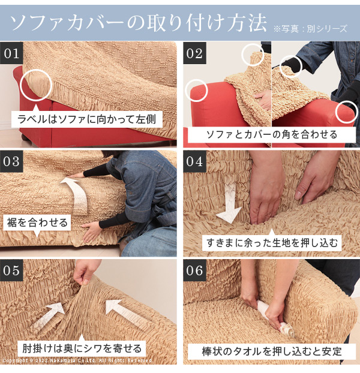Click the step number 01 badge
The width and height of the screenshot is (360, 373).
[11, 53]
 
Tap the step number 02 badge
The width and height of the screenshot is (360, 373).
[194, 53]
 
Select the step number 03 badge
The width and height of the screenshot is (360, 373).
[11, 161]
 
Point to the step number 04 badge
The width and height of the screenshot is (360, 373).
[194, 161]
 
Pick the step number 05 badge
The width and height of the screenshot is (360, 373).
[11, 270]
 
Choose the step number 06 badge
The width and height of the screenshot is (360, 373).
[194, 270]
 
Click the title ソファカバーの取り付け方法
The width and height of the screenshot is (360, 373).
[138, 23]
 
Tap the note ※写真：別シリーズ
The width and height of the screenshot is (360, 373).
[310, 29]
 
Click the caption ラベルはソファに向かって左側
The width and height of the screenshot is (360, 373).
[86, 119]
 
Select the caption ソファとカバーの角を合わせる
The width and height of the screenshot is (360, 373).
[271, 135]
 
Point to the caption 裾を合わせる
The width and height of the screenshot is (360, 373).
[37, 222]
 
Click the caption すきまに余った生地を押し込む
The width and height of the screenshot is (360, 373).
[272, 243]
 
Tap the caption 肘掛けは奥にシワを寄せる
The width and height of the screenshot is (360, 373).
[82, 348]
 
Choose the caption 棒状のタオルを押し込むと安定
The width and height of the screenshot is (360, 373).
[271, 351]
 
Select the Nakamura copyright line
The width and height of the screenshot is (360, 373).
[77, 360]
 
